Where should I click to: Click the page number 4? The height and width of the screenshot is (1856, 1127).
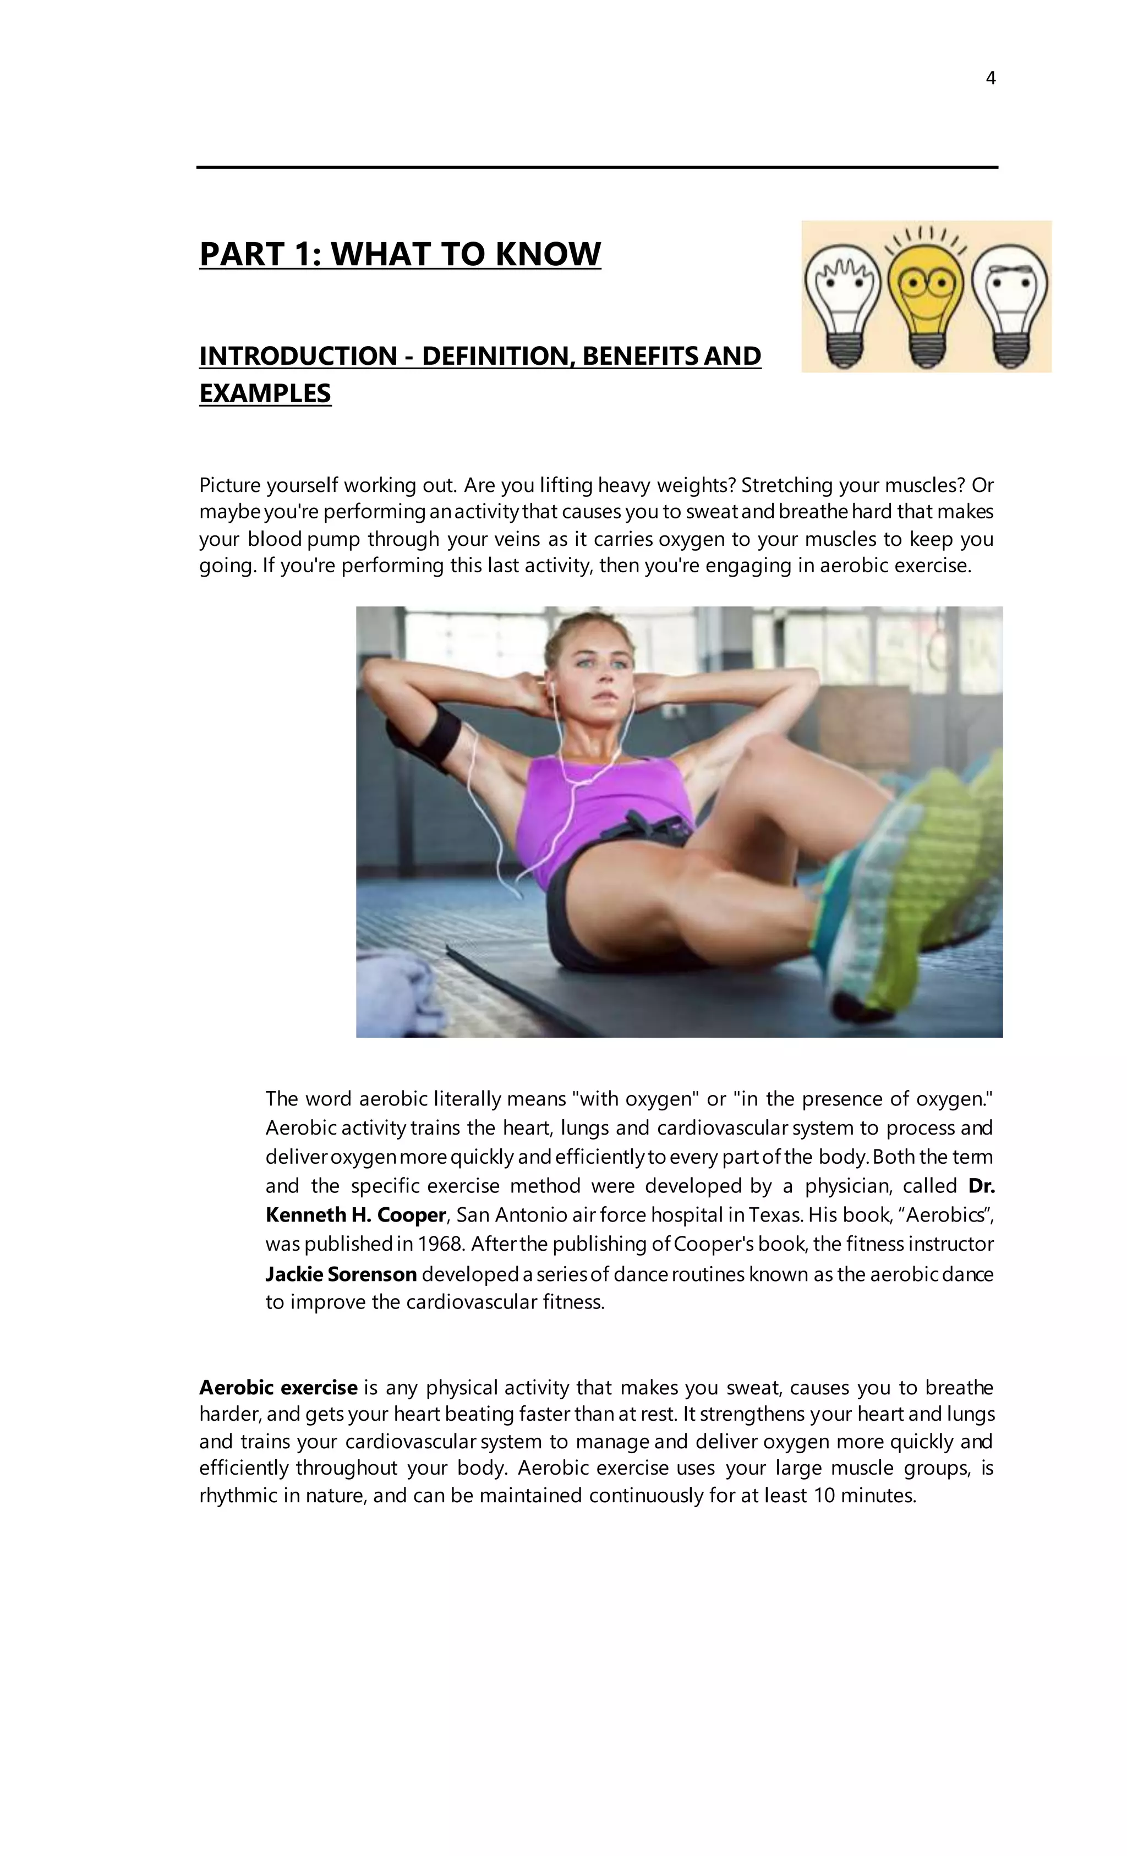(990, 78)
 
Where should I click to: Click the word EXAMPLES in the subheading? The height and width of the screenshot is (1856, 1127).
(265, 393)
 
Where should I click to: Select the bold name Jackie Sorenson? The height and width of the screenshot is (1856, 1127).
(341, 1274)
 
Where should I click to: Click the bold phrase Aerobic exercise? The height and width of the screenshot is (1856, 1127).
(278, 1388)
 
